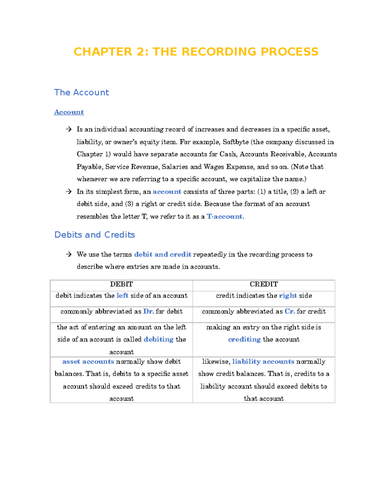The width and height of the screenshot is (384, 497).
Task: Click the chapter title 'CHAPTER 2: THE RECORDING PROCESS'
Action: pyautogui.click(x=196, y=52)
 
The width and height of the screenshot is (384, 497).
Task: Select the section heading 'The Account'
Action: pyautogui.click(x=82, y=92)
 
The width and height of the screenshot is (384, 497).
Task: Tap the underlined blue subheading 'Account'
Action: pyautogui.click(x=69, y=112)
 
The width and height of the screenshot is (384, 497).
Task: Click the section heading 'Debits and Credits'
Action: pyautogui.click(x=95, y=235)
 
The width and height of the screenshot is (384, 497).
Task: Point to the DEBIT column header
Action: pyautogui.click(x=121, y=284)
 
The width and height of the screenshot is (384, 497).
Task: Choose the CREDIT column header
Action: pyautogui.click(x=264, y=284)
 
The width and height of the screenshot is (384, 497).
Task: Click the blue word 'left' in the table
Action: pyautogui.click(x=122, y=296)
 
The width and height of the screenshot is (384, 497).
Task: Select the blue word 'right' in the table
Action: pyautogui.click(x=288, y=296)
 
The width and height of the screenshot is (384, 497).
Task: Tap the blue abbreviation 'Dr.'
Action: pyautogui.click(x=148, y=311)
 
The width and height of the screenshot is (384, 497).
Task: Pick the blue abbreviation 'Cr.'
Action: pyautogui.click(x=290, y=311)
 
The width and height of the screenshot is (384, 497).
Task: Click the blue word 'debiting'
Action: pyautogui.click(x=158, y=340)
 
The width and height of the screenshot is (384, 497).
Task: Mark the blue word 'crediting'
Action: pyautogui.click(x=244, y=340)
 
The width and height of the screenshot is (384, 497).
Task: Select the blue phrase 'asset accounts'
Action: pyautogui.click(x=88, y=362)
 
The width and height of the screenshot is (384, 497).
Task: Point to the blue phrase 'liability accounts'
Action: pyautogui.click(x=263, y=362)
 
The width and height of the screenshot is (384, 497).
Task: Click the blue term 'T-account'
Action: pyautogui.click(x=225, y=217)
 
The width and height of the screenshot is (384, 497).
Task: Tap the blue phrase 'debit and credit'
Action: pyautogui.click(x=163, y=255)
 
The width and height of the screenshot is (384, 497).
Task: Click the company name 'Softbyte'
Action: pyautogui.click(x=236, y=142)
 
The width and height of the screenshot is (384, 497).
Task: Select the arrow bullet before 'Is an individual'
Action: pyautogui.click(x=68, y=129)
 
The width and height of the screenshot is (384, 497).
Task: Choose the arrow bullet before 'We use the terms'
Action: pyautogui.click(x=68, y=254)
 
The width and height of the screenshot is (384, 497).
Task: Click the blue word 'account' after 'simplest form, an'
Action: pyautogui.click(x=167, y=192)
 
